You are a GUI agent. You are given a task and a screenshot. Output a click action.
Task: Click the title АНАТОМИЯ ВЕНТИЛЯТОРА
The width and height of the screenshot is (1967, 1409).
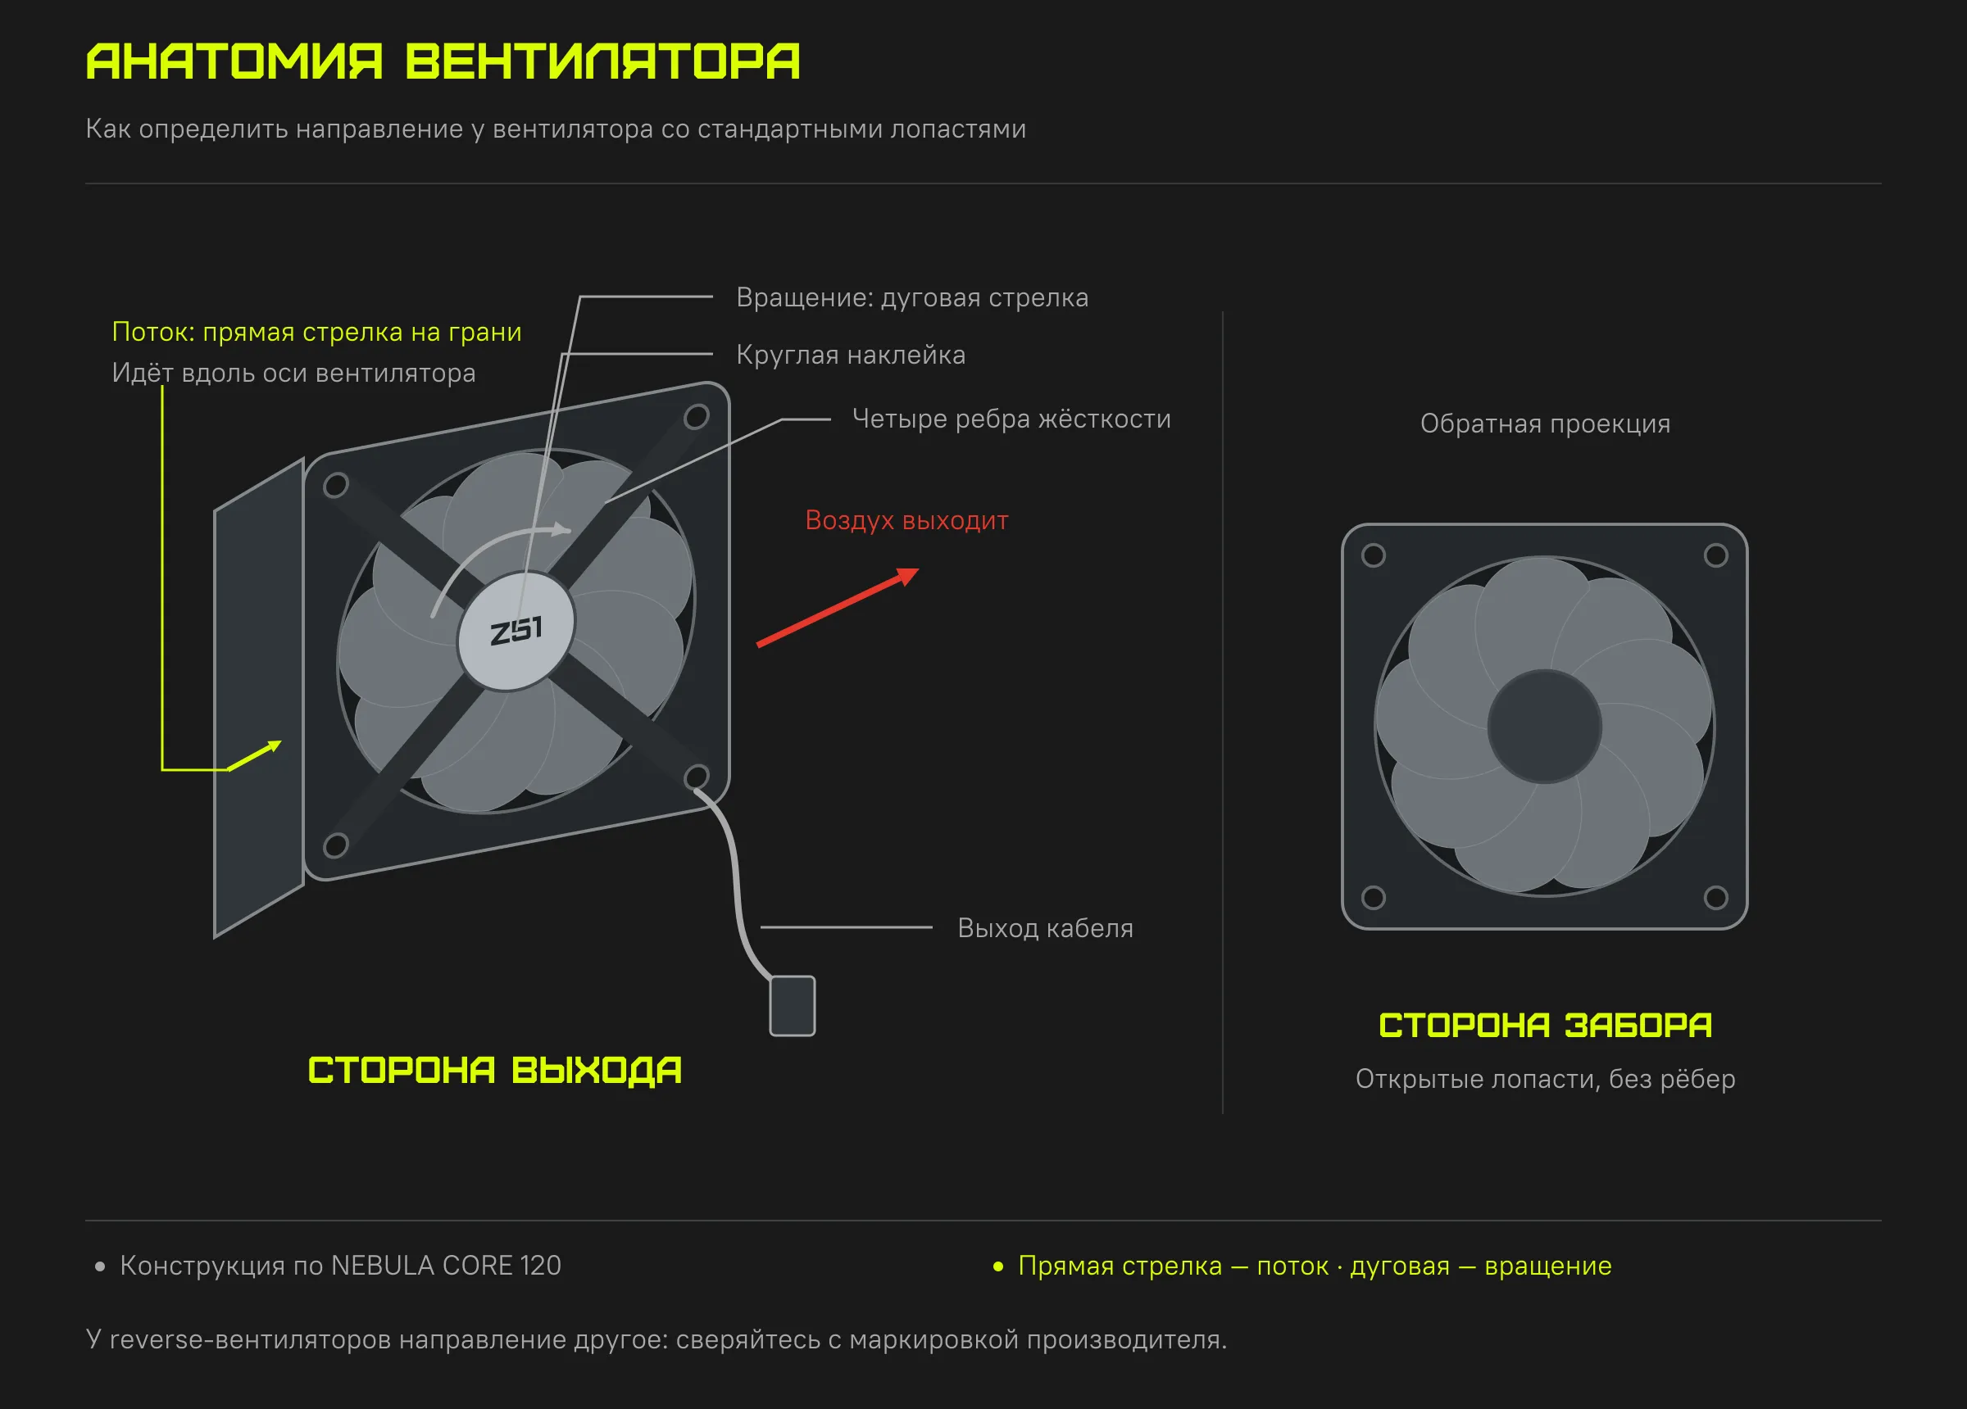point(443,61)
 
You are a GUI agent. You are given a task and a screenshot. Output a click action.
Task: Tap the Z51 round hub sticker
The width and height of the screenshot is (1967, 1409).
point(516,631)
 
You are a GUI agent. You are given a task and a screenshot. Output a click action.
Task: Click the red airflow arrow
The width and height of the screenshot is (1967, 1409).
point(837,607)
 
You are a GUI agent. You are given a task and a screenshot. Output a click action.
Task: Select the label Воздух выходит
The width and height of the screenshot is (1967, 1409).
point(906,520)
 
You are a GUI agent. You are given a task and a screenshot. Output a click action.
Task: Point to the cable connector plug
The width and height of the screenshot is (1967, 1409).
point(793,1006)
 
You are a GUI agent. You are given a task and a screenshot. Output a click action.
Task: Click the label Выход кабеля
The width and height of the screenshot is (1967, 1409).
point(1045,928)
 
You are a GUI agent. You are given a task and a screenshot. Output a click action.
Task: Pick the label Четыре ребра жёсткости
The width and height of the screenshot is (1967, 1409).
point(1011,419)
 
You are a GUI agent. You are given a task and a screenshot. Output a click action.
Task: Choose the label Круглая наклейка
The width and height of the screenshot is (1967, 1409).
point(851,355)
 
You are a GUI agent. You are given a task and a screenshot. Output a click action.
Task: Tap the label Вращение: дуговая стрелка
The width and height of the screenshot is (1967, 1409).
point(912,297)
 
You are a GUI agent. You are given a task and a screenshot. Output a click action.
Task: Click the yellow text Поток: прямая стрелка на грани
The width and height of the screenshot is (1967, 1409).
point(316,332)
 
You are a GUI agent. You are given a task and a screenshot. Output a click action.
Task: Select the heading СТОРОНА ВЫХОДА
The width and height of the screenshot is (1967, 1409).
point(494,1070)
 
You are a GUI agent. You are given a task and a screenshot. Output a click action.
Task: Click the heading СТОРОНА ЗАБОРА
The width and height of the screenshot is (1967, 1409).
point(1546,1025)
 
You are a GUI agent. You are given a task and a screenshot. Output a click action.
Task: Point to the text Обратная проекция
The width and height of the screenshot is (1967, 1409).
point(1546,424)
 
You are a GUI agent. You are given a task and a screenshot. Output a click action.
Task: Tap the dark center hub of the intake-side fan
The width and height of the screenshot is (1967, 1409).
point(1545,727)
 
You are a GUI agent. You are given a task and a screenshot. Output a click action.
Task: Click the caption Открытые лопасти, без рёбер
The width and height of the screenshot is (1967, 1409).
point(1546,1079)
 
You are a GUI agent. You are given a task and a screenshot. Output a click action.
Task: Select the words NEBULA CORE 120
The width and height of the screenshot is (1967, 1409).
point(446,1266)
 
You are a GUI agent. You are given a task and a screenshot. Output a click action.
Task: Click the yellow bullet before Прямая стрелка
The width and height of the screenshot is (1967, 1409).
point(998,1266)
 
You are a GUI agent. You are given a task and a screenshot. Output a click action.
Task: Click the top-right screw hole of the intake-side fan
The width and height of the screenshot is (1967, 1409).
point(1715,555)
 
